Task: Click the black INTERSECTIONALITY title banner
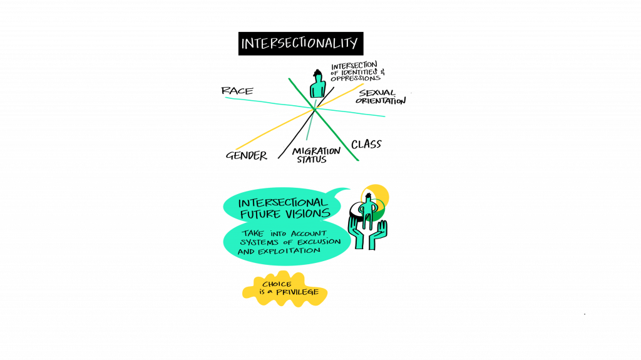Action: (301, 43)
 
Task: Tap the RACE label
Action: (237, 91)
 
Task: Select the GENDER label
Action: (247, 155)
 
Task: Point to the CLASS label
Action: (366, 144)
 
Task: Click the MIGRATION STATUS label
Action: (315, 155)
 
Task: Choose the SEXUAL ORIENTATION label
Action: (380, 97)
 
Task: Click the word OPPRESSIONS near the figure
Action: (356, 78)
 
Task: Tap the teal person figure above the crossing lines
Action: (317, 84)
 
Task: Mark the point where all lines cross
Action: (315, 109)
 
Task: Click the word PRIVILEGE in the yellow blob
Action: (297, 292)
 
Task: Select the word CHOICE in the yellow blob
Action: (277, 284)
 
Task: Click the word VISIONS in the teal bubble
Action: (308, 213)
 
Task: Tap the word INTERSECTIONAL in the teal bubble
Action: (283, 203)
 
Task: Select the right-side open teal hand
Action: (377, 235)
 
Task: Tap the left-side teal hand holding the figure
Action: (356, 231)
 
